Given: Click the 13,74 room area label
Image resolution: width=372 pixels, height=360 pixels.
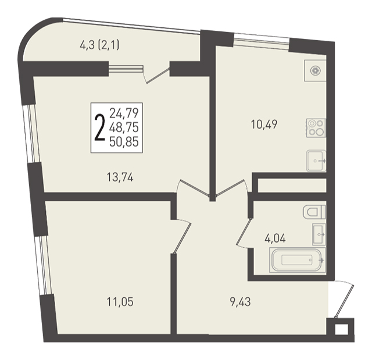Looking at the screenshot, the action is click(120, 177).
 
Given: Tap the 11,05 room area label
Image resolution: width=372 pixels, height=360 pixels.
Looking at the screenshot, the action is click(120, 302).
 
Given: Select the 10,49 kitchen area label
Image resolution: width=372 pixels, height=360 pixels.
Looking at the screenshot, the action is click(264, 124).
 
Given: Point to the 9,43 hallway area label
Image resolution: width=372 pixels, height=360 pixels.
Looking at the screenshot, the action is click(241, 302).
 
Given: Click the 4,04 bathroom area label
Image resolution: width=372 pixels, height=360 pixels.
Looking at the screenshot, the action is click(275, 238).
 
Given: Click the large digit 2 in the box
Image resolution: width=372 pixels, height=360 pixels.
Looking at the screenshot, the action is click(99, 127).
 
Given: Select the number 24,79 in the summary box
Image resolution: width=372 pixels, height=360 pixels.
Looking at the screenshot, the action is click(124, 113).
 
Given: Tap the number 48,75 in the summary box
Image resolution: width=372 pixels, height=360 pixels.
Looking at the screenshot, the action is click(124, 128).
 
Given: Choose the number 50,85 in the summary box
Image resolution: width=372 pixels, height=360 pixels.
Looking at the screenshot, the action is click(124, 142).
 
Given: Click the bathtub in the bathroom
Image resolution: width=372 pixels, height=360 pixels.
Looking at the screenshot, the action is click(298, 259).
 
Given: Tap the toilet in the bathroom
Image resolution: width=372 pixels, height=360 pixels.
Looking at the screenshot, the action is click(314, 212).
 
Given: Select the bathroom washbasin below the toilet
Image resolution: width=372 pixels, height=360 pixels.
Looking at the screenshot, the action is click(319, 234).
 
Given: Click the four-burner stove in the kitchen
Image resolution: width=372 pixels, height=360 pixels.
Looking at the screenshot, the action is click(316, 128).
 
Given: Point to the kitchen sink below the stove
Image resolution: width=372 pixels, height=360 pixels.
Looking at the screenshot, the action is click(316, 161).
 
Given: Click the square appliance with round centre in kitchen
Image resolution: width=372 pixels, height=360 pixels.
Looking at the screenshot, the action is click(315, 70).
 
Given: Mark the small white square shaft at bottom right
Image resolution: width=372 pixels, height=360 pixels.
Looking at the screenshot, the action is click(342, 329).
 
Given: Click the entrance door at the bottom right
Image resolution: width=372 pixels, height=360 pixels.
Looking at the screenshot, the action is click(344, 300).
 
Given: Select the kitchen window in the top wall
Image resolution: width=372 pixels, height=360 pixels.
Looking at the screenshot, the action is click(261, 41).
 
